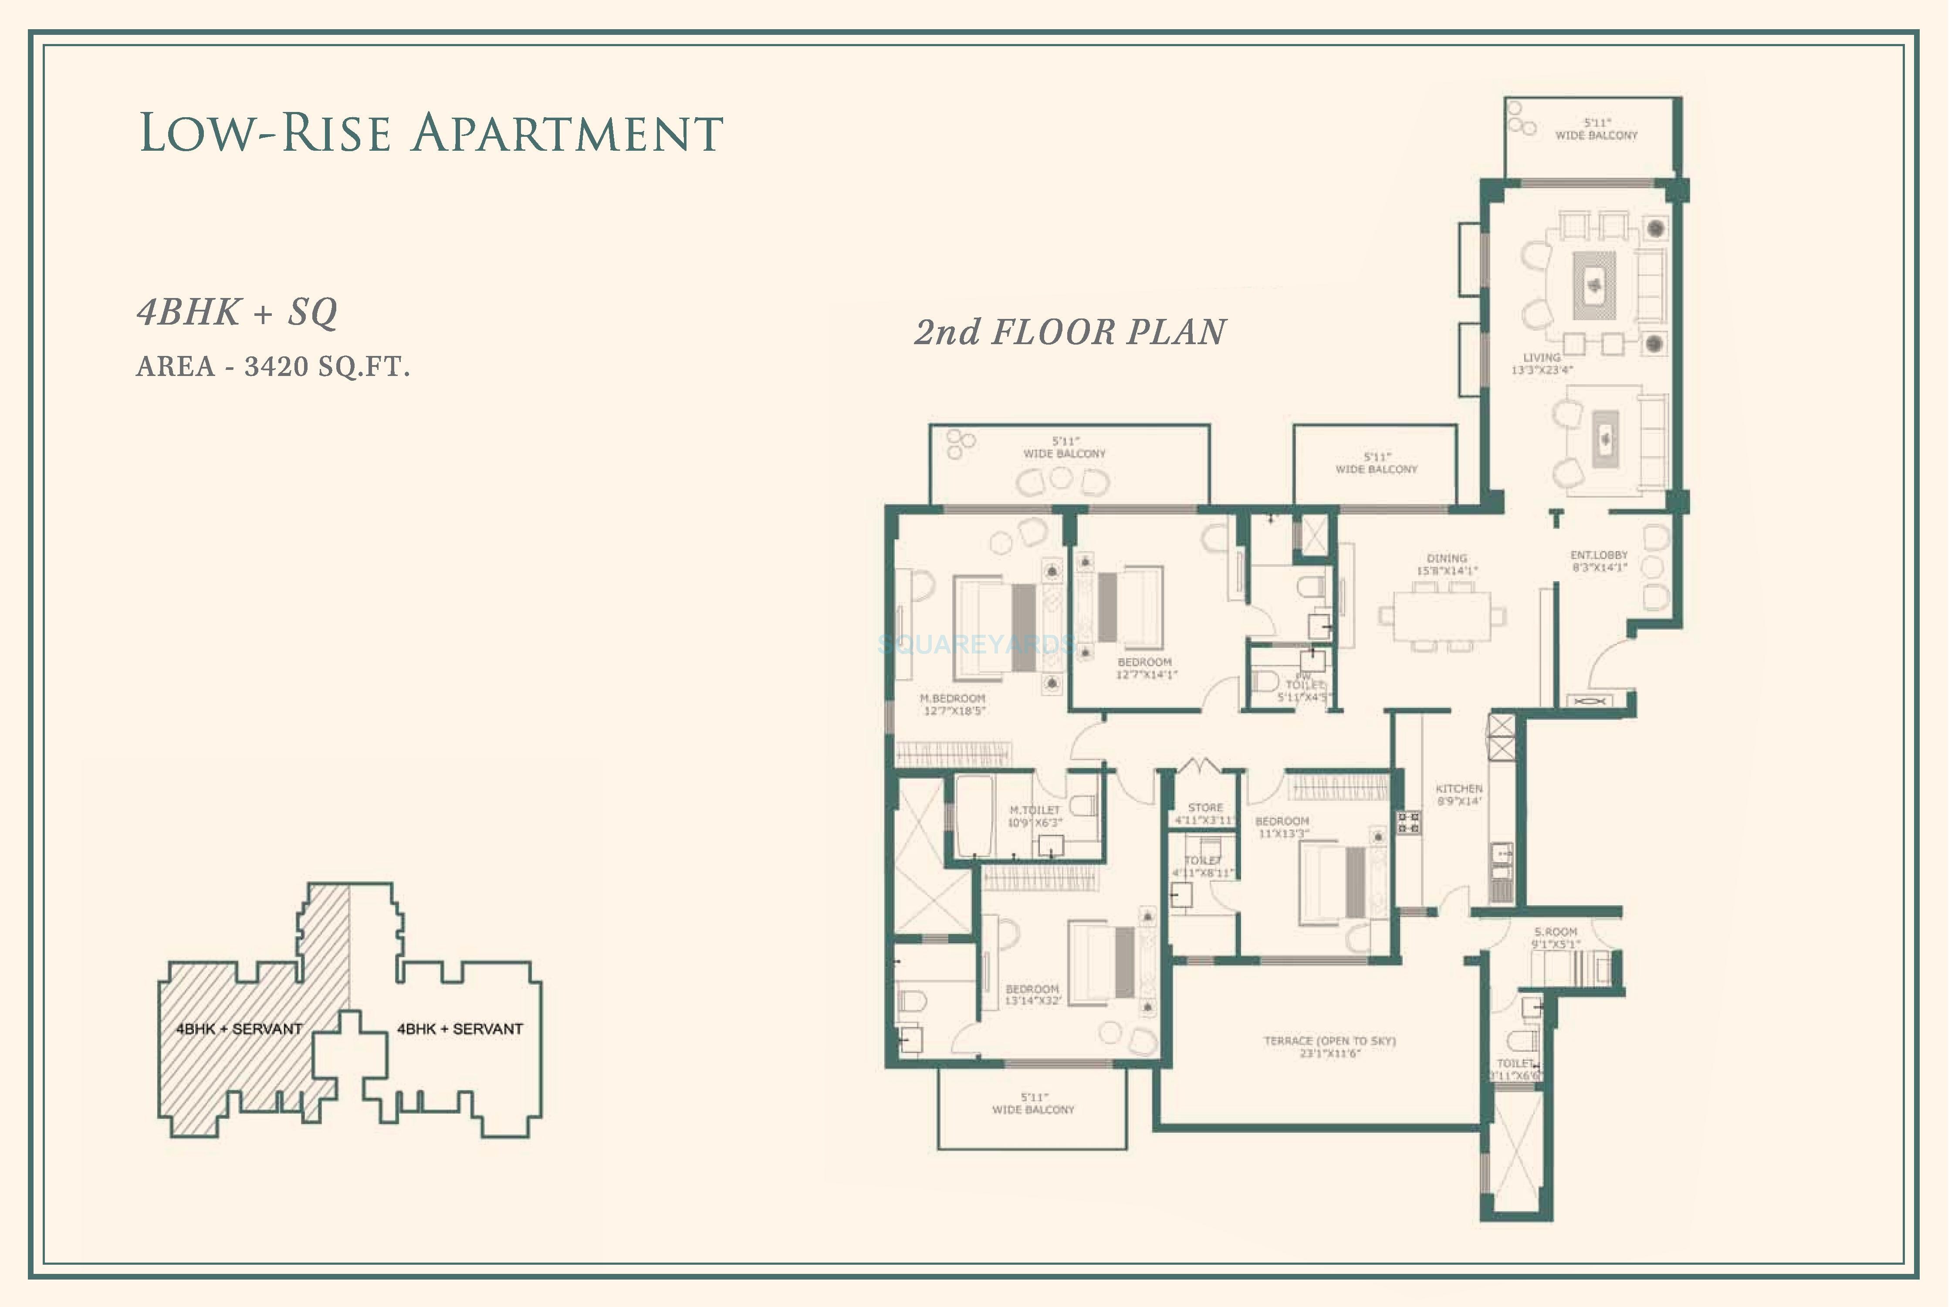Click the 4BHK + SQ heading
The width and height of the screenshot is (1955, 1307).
pos(237,312)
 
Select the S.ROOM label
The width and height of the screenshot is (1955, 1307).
pos(1555,938)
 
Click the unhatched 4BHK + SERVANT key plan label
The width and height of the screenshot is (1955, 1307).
pos(460,1029)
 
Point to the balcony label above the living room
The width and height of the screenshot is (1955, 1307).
pos(1595,129)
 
